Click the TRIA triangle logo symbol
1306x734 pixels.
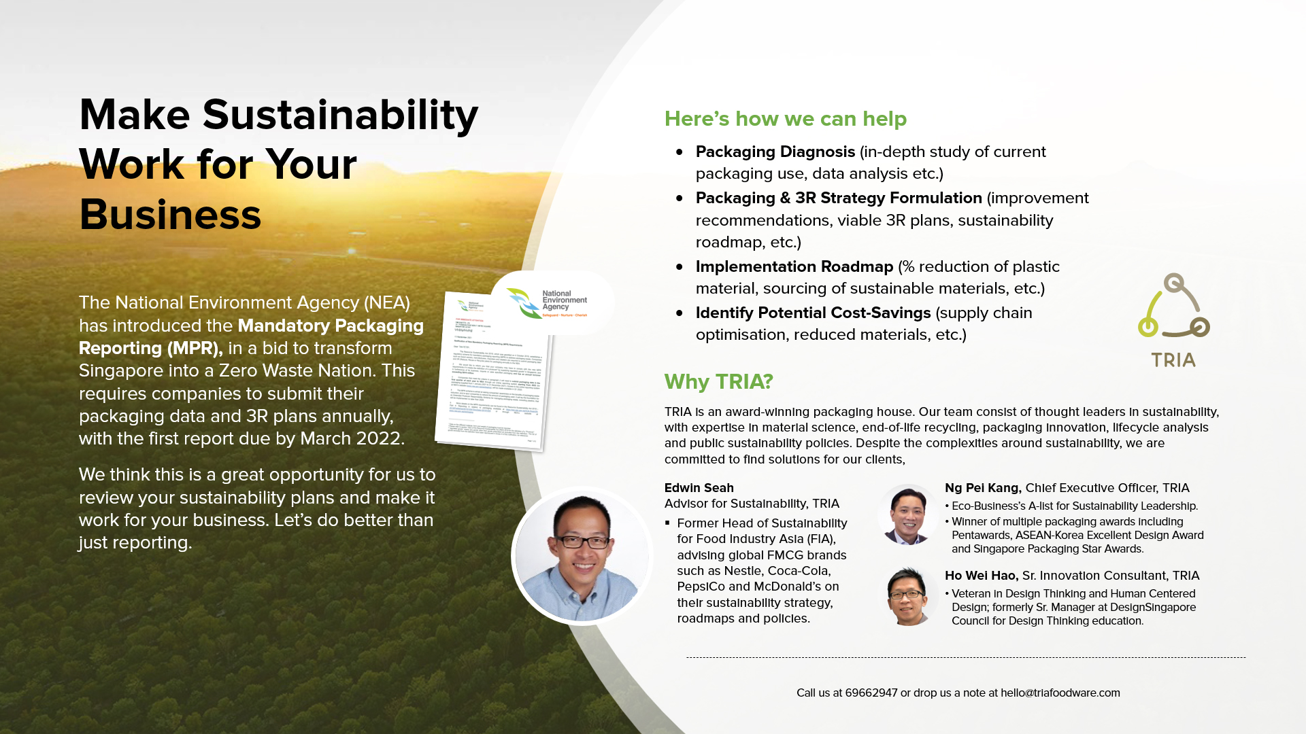pyautogui.click(x=1174, y=307)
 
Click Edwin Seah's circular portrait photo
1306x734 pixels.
pyautogui.click(x=582, y=555)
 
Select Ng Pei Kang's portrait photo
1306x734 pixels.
pyautogui.click(x=908, y=514)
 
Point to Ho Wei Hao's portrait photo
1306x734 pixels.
pyautogui.click(x=908, y=596)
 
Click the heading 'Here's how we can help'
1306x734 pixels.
pyautogui.click(x=785, y=118)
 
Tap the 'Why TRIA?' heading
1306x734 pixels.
pyautogui.click(x=718, y=381)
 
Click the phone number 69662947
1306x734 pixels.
pyautogui.click(x=871, y=693)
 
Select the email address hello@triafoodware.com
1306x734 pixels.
pyautogui.click(x=1060, y=693)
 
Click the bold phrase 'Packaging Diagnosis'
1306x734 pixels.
pyautogui.click(x=775, y=152)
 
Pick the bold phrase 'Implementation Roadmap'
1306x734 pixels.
pyautogui.click(x=794, y=266)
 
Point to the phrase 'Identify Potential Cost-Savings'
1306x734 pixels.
pyautogui.click(x=813, y=313)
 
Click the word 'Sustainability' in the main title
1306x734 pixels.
pyautogui.click(x=340, y=114)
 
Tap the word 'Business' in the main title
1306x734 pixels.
pyautogui.click(x=170, y=215)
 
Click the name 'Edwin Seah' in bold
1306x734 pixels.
pyautogui.click(x=699, y=488)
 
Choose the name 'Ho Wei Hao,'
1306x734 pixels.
pyautogui.click(x=981, y=576)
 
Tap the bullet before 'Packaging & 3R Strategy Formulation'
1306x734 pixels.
pyautogui.click(x=679, y=198)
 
